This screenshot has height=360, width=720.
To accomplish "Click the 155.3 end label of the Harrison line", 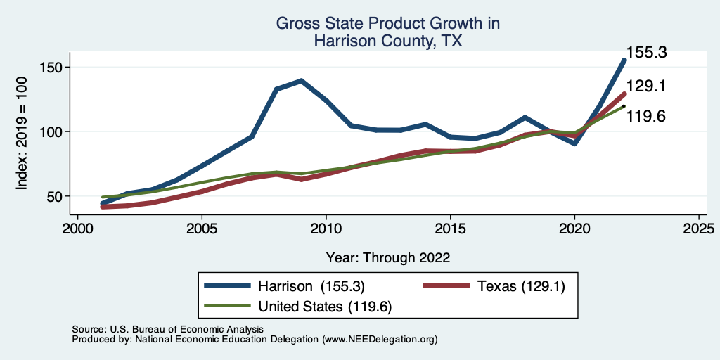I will click(646, 52).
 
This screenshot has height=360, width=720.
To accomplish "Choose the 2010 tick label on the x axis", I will click(326, 229).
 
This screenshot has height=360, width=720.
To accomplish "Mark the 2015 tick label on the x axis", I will click(450, 229).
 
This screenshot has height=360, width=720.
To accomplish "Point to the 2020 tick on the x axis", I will click(574, 229).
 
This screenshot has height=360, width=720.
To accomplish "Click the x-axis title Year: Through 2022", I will click(388, 257).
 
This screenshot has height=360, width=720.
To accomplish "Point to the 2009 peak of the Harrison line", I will click(302, 81).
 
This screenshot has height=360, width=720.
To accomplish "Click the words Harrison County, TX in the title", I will click(388, 41).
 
